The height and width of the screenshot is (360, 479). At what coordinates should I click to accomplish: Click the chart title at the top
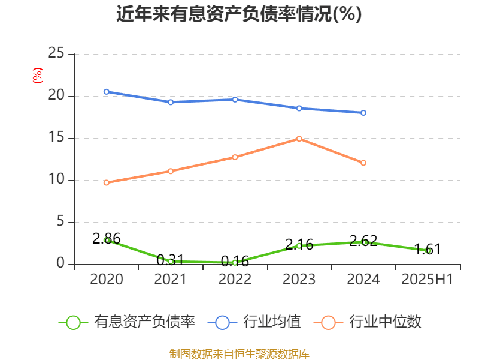(239, 14)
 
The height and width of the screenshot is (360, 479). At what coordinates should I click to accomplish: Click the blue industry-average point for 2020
(107, 92)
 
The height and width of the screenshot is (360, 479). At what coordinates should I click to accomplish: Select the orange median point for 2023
(299, 139)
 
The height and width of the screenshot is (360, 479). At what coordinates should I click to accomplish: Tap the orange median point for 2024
(363, 163)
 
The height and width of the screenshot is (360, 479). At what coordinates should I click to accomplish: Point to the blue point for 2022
(235, 100)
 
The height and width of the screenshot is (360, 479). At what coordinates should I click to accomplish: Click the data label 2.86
(107, 238)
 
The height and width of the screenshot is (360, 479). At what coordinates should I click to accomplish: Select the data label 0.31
(170, 260)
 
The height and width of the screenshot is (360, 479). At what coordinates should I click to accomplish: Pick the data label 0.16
(235, 262)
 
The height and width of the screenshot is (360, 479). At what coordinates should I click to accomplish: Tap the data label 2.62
(363, 241)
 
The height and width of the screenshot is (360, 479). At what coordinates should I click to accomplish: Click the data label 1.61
(428, 250)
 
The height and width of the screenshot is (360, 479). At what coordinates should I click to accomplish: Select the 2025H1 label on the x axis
(428, 280)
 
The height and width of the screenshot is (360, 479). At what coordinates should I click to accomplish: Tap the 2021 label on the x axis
(170, 280)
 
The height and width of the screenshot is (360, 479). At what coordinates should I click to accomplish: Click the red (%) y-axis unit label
(37, 76)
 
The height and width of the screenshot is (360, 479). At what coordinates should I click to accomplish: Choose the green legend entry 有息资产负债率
(128, 322)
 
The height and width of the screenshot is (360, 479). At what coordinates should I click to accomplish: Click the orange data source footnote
(239, 353)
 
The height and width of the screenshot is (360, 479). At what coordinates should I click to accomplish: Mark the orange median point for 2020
(107, 182)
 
